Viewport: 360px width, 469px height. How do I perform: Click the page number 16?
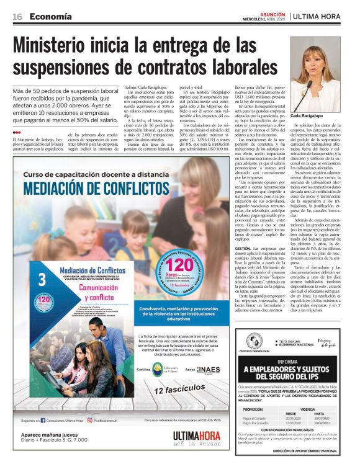pos(17,16)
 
